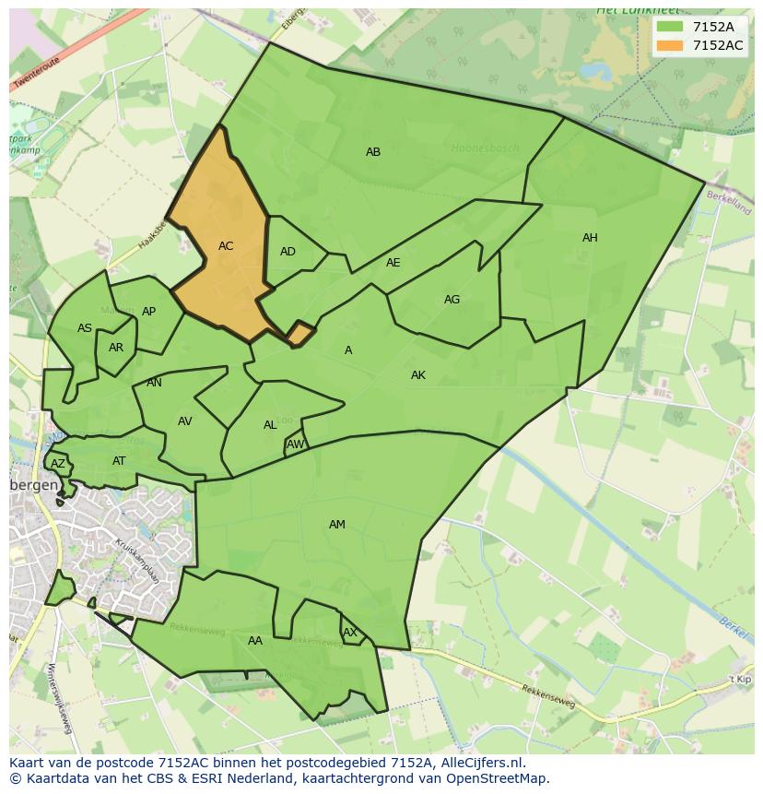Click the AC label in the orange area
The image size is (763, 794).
[x=226, y=246]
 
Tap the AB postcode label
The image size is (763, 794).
[x=373, y=152]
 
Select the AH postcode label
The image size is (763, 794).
[x=590, y=238]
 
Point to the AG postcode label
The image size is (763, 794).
[x=452, y=300]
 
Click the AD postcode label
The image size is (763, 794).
[x=288, y=252]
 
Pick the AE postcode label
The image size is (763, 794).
[x=393, y=263]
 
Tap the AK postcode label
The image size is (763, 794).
[x=418, y=375]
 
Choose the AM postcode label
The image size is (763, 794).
[x=337, y=525]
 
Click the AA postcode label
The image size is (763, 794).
[x=255, y=641]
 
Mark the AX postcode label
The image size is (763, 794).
[x=350, y=633]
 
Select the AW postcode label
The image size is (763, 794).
[x=295, y=444]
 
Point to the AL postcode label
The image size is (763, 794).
[x=270, y=425]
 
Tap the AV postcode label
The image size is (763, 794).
[x=185, y=421]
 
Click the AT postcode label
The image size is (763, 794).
[x=119, y=461]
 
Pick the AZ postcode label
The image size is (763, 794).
[x=58, y=464]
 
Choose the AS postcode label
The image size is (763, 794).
[x=85, y=328]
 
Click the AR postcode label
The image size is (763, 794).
[x=116, y=348]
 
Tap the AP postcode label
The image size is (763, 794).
[x=149, y=312]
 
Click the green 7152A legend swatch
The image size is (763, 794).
[x=670, y=27]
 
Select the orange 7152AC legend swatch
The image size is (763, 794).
[x=670, y=45]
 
